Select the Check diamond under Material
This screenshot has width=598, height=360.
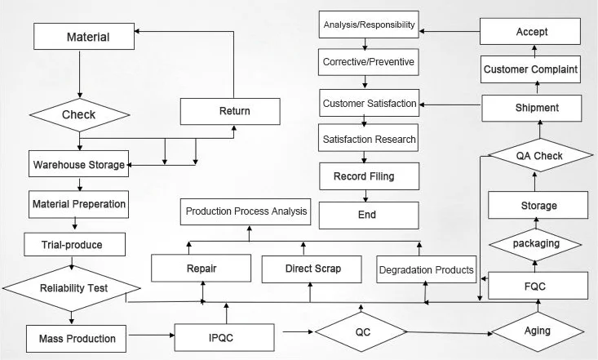79,114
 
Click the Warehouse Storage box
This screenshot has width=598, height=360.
79,164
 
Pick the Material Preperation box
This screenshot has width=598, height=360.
79,203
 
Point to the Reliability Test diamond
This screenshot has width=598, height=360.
72,287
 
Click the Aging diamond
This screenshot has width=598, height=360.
538,331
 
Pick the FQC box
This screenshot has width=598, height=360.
538,286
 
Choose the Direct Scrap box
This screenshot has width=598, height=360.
312,269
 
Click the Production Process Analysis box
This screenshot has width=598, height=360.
246,212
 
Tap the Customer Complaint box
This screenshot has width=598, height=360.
530,69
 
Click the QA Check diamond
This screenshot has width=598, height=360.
539,156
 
